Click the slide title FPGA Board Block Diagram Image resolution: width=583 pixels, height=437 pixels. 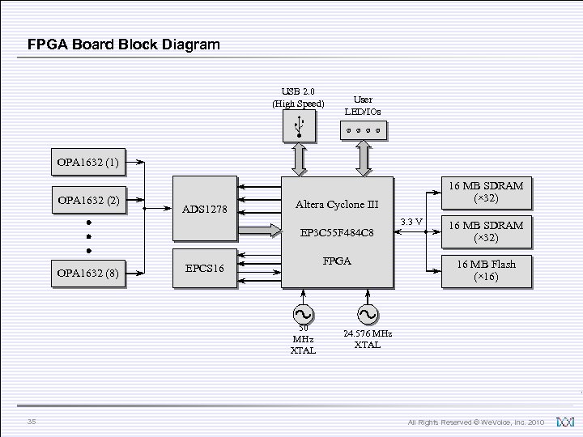[123, 45]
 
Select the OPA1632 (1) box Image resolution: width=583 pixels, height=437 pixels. [87, 163]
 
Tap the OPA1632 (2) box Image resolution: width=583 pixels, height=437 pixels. [87, 200]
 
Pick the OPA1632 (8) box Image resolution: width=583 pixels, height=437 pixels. [87, 273]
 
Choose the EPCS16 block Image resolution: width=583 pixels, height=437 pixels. [204, 267]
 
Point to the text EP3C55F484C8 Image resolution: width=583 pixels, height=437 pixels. [337, 233]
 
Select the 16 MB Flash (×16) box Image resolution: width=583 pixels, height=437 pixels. [486, 270]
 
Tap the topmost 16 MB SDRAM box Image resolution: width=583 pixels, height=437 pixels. [486, 192]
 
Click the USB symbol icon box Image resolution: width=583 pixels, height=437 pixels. [300, 125]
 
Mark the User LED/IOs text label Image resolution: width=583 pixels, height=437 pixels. [363, 105]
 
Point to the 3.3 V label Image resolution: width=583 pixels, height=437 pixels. [412, 222]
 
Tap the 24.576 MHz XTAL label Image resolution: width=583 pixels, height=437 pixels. [367, 339]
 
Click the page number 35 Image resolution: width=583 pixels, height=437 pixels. [31, 421]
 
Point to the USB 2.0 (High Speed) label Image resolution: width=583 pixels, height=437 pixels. [298, 97]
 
